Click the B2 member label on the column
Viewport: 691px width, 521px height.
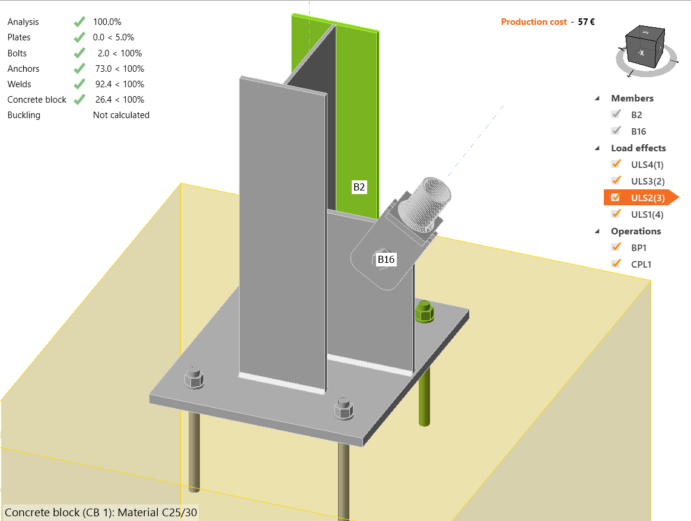[x=359, y=188]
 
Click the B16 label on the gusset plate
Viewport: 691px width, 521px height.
[x=387, y=259]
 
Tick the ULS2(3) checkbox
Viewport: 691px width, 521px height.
[x=616, y=198]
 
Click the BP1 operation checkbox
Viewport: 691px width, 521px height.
[x=616, y=247]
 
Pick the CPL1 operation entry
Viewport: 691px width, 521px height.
[x=641, y=264]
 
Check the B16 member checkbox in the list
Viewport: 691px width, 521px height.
[x=616, y=131]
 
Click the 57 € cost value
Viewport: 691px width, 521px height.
[x=587, y=22]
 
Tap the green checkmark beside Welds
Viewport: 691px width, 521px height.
[x=79, y=84]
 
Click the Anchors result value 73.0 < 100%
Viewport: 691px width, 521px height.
[x=119, y=69]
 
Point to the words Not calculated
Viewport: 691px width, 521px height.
[x=121, y=115]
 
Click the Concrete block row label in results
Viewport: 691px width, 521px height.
[x=37, y=100]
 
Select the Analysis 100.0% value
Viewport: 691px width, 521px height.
[x=107, y=22]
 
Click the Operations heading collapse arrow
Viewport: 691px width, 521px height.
[x=597, y=231]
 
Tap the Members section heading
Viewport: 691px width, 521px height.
[x=632, y=99]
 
